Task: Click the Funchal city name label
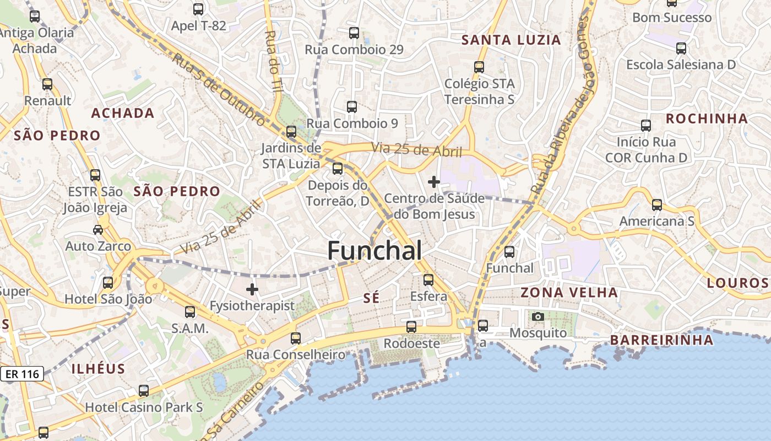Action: point(374,251)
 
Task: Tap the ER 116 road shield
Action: point(23,374)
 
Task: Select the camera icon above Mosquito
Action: point(538,316)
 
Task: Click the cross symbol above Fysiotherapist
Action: point(252,289)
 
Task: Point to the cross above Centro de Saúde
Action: point(434,181)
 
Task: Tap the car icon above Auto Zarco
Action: point(98,229)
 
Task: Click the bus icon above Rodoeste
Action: point(411,326)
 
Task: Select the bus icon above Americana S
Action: point(657,205)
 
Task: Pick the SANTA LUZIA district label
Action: point(511,40)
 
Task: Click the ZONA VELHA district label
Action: point(569,292)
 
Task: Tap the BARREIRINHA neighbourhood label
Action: point(661,340)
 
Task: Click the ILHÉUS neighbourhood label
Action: point(99,369)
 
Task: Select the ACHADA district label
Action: point(122,113)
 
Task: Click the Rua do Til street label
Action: point(274,61)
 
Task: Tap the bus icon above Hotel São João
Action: point(108,283)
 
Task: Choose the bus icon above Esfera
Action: point(428,279)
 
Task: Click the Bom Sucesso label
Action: point(672,18)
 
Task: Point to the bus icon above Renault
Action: point(47,84)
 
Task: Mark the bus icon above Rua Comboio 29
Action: point(354,33)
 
